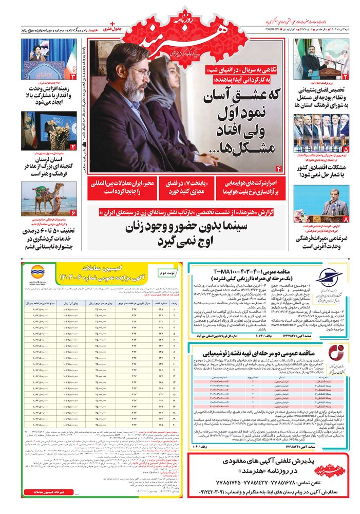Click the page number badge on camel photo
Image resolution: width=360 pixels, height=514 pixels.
tap(73, 212)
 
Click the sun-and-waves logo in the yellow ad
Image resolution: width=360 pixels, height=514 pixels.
tap(38, 271)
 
